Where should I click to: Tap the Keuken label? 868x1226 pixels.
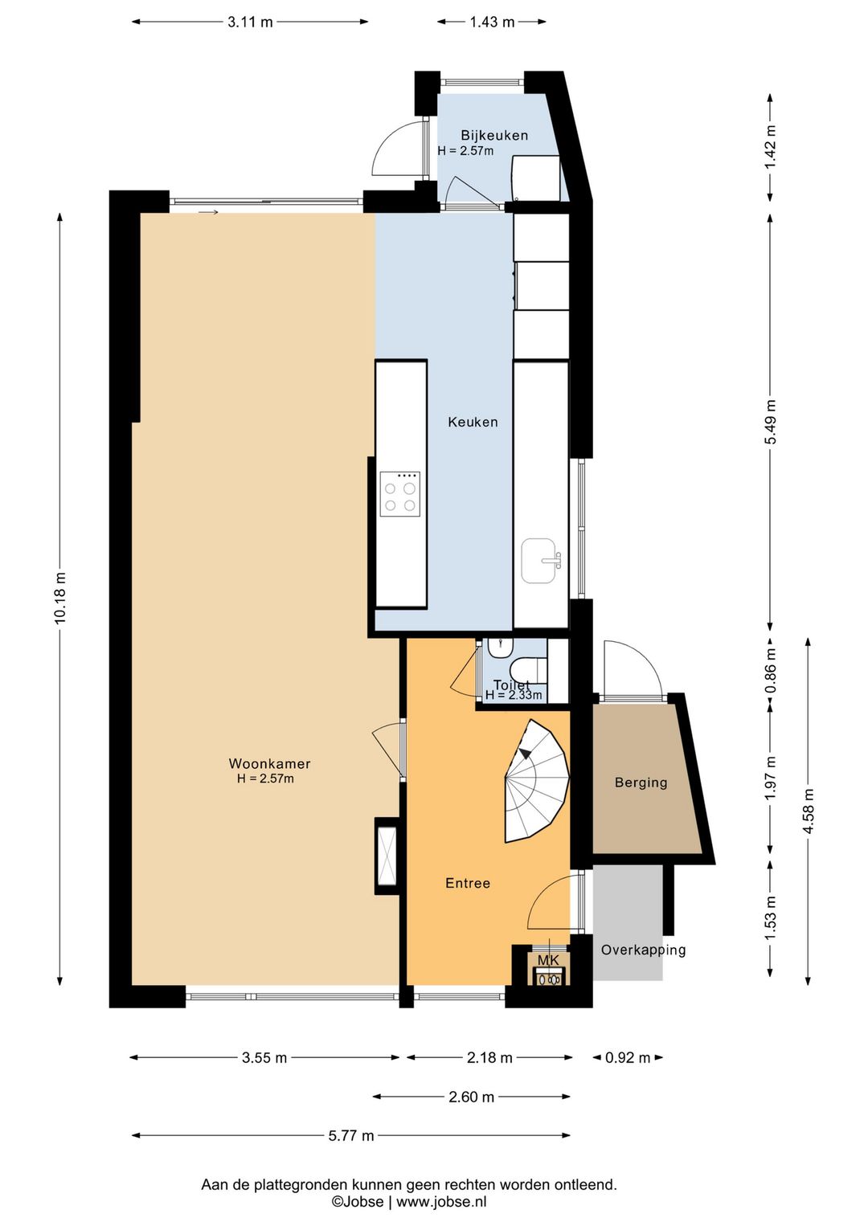coord(473,422)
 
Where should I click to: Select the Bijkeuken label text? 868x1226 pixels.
coord(494,135)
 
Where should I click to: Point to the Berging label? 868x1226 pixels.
coord(641,783)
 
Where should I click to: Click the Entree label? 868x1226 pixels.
coord(468,883)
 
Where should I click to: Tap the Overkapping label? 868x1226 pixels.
coord(644,950)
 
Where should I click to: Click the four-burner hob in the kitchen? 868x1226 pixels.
coord(400,493)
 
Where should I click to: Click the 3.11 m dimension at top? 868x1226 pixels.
coord(250,22)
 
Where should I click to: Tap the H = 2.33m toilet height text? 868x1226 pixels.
coord(514,695)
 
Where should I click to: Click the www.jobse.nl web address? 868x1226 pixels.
coord(441,1202)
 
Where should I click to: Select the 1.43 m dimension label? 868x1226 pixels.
coord(493,22)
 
